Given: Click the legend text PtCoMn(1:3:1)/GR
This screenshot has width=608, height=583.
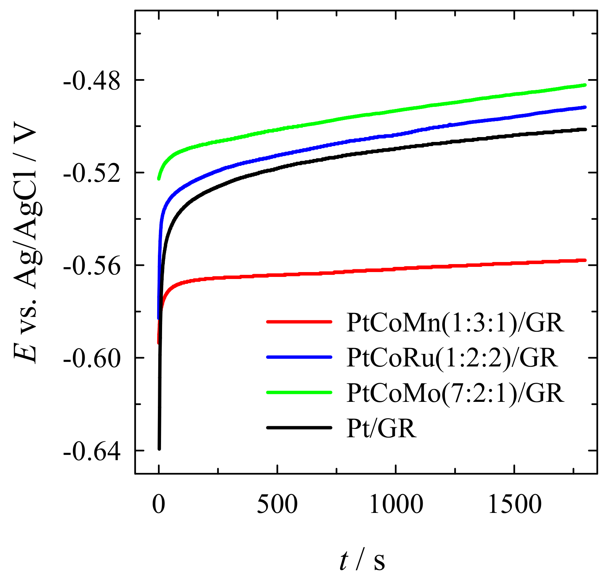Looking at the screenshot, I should pos(455,323).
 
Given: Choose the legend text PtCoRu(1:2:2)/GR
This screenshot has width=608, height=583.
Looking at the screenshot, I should pos(452,357).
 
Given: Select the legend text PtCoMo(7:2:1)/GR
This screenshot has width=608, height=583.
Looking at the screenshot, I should pos(455,393).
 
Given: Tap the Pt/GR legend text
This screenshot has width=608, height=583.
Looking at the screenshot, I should pos(381,428).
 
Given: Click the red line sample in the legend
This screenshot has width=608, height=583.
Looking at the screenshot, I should pos(299,322).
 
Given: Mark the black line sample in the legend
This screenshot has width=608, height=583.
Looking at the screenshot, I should pos(299,428).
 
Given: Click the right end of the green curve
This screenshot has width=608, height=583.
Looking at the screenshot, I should pos(585,85).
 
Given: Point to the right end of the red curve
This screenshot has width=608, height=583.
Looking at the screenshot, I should pos(585,260).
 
